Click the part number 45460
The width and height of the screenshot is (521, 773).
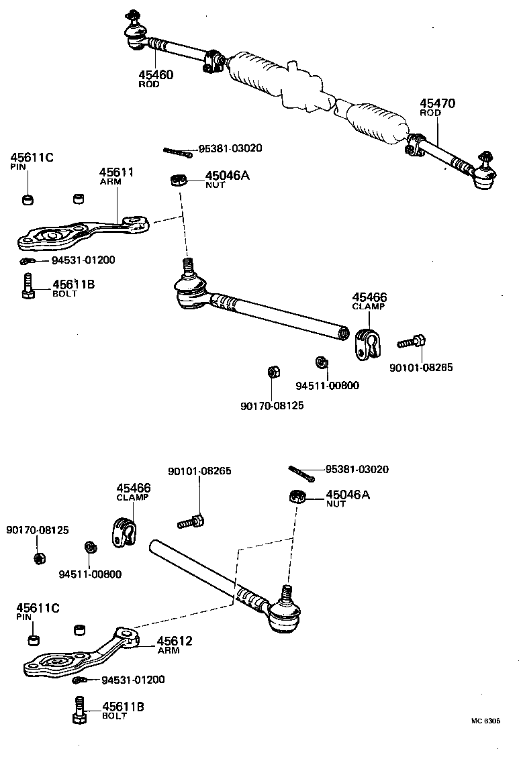156,75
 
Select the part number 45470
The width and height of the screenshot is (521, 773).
438,104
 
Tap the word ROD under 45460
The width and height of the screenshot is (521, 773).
149,85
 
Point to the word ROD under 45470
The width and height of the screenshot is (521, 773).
430,113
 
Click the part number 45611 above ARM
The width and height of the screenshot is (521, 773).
117,172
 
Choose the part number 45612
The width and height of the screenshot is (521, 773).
175,641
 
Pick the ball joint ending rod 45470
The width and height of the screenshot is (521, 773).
483,172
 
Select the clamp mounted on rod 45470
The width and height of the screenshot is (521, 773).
414,146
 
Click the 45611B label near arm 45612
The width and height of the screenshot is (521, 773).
123,707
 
